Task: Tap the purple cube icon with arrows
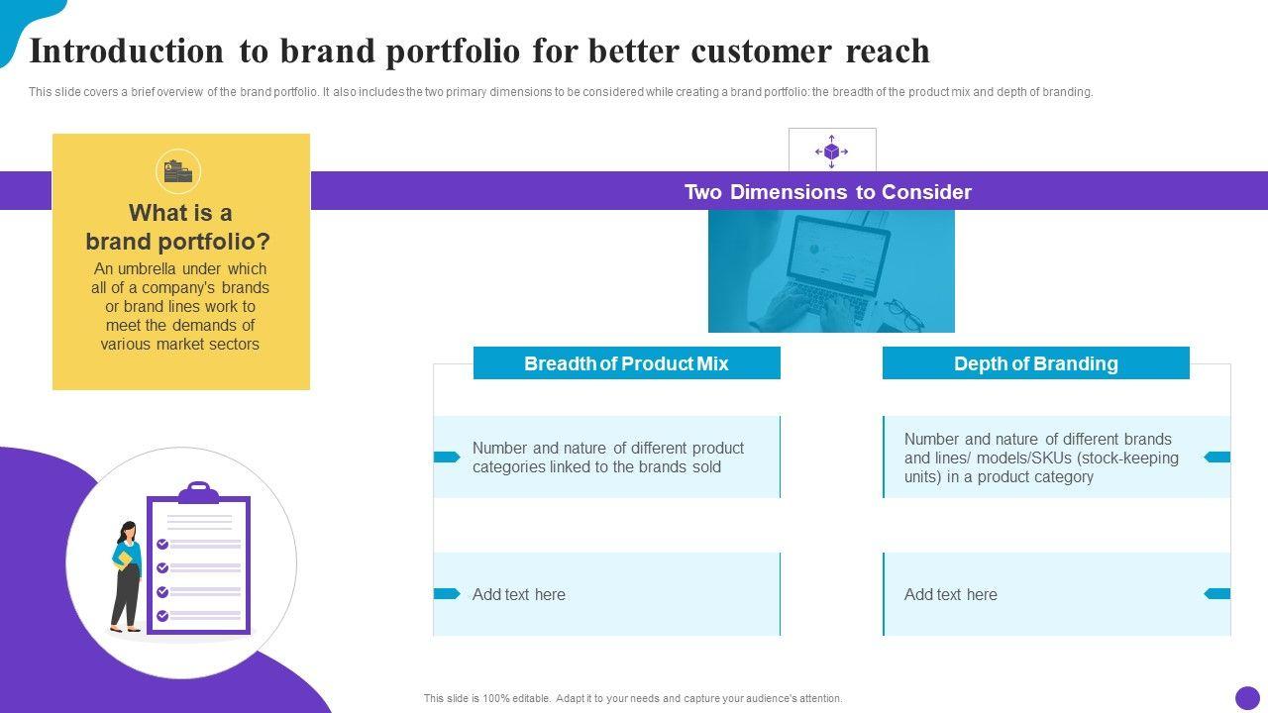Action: pos(831,152)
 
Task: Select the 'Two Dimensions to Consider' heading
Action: pos(828,192)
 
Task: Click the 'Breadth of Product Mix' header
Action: pos(626,363)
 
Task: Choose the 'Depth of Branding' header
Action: pos(1036,363)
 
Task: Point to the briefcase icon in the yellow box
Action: pos(178,171)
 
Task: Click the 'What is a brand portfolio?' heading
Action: pos(178,228)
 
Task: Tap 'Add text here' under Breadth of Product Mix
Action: pos(518,595)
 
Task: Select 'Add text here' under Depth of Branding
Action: pos(950,595)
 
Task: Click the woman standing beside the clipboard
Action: pos(127,576)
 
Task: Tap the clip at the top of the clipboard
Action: pos(199,492)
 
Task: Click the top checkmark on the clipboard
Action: pos(162,544)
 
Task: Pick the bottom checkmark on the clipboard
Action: pos(162,615)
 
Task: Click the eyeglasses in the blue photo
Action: pos(905,315)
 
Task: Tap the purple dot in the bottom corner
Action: pos(1247,698)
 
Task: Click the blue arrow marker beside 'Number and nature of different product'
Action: pos(447,457)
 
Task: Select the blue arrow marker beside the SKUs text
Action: pos(1217,457)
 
